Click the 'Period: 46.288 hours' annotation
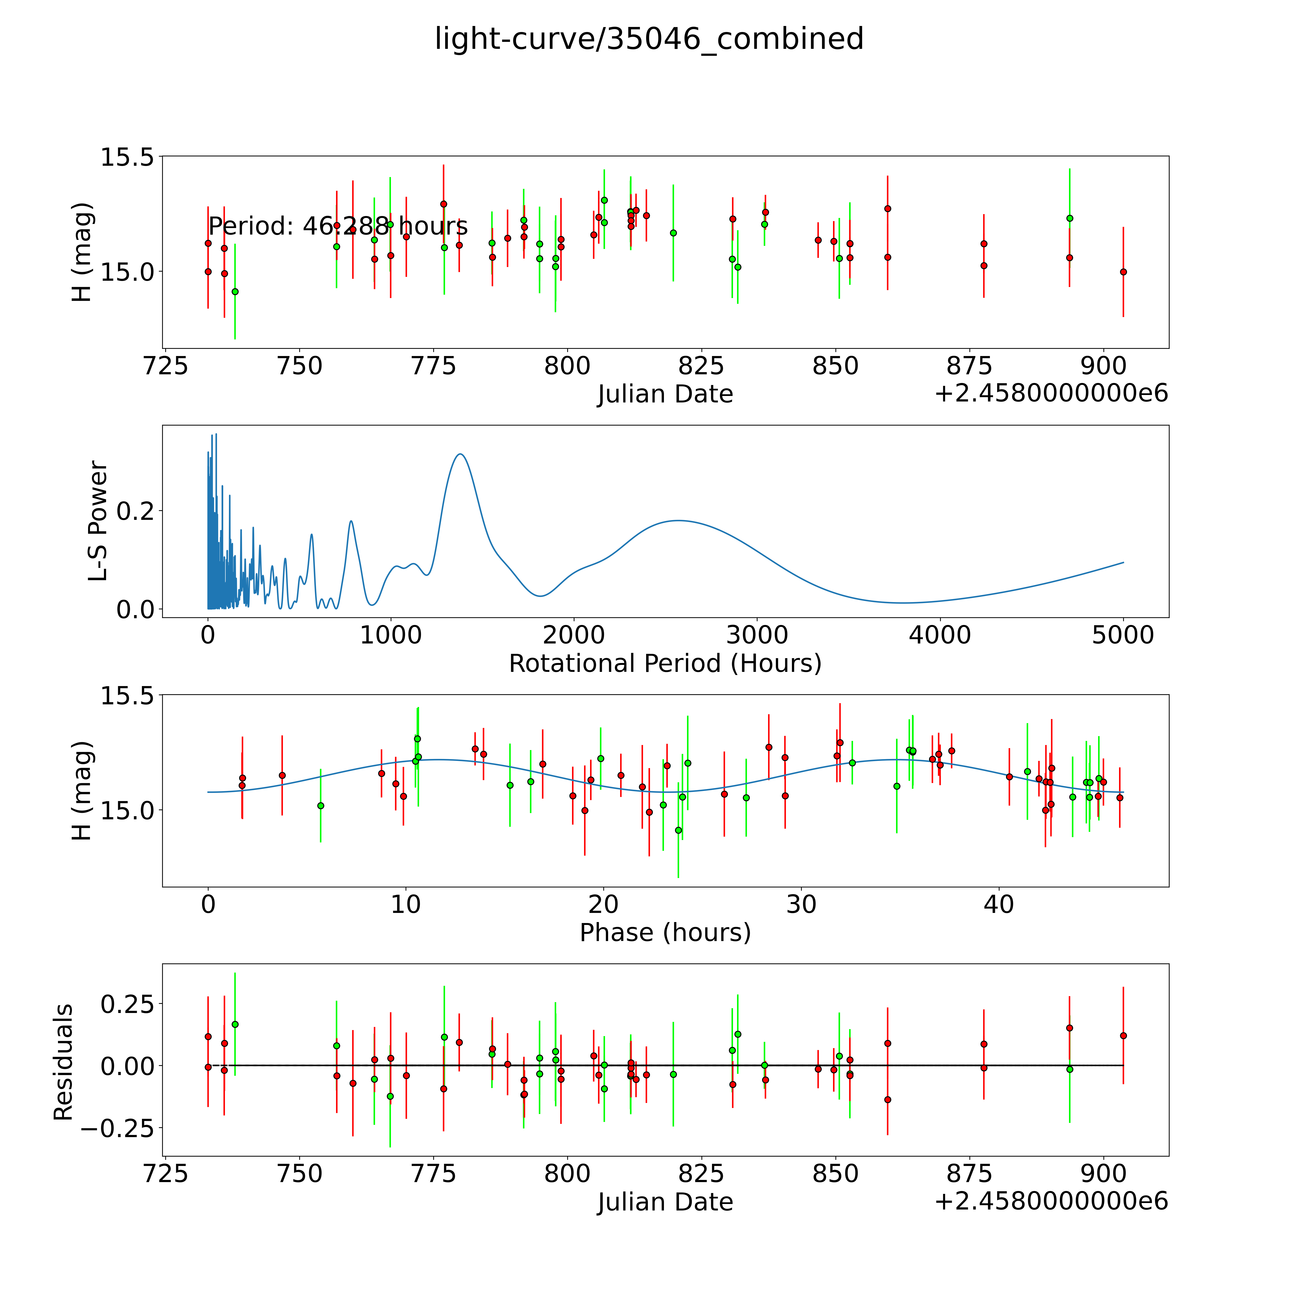[x=338, y=227]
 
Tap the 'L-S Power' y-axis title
[x=98, y=521]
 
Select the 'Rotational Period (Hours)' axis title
[x=665, y=664]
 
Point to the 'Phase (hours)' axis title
[x=665, y=933]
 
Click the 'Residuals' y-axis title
[x=63, y=1062]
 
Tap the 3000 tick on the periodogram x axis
[x=757, y=635]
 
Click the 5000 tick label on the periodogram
[x=1123, y=635]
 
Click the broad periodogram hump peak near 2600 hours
[x=679, y=520]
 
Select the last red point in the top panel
[x=1123, y=272]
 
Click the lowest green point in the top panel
[x=235, y=291]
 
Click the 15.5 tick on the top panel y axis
[x=128, y=157]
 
